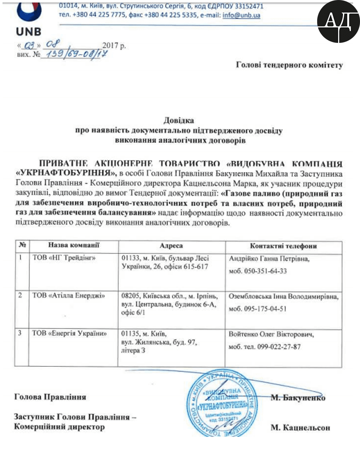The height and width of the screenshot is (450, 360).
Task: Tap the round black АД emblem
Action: (x=339, y=21)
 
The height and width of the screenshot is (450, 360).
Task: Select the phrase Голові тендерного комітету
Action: (x=289, y=65)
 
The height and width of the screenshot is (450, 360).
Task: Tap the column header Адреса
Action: (x=171, y=246)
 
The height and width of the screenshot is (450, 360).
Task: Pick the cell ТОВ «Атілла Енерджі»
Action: (x=69, y=296)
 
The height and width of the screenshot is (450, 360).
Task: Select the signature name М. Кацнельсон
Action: (x=300, y=428)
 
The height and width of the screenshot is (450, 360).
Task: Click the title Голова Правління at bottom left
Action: (x=50, y=397)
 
